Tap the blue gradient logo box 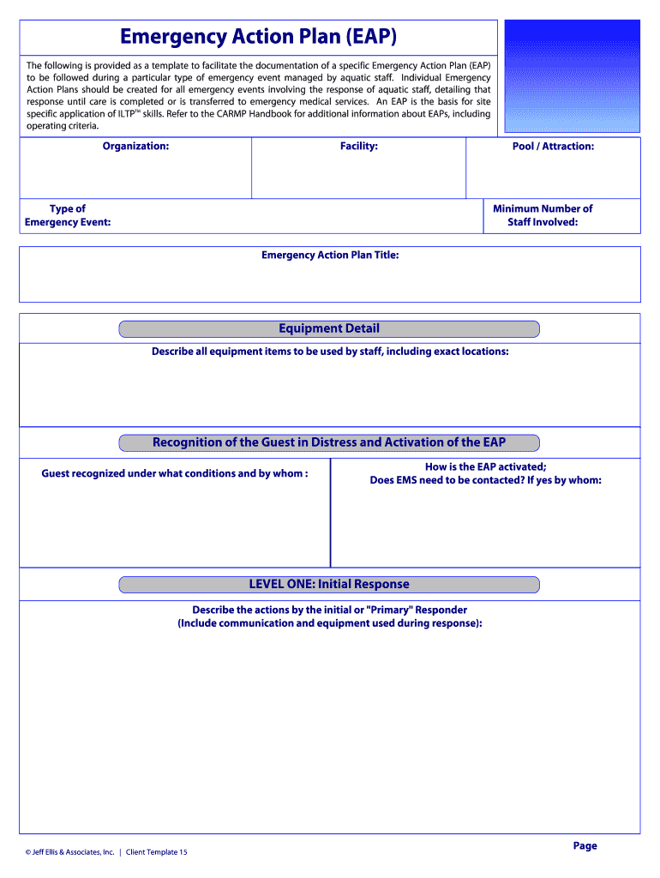(x=573, y=76)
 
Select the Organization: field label (x=135, y=146)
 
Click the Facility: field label (x=358, y=146)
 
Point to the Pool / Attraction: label (x=553, y=146)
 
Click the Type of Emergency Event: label (x=68, y=215)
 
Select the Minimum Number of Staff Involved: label (x=543, y=215)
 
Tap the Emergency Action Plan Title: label (x=330, y=255)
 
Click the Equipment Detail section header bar (x=329, y=328)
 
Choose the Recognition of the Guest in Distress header (x=329, y=442)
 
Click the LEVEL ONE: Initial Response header (x=329, y=584)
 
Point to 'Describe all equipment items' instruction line (x=330, y=352)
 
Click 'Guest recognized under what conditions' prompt (x=175, y=473)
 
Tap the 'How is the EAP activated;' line (x=485, y=467)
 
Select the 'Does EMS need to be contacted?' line (x=485, y=480)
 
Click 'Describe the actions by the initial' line (x=330, y=610)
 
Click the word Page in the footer (x=585, y=845)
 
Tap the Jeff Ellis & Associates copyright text (x=70, y=852)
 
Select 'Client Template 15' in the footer (x=157, y=852)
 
